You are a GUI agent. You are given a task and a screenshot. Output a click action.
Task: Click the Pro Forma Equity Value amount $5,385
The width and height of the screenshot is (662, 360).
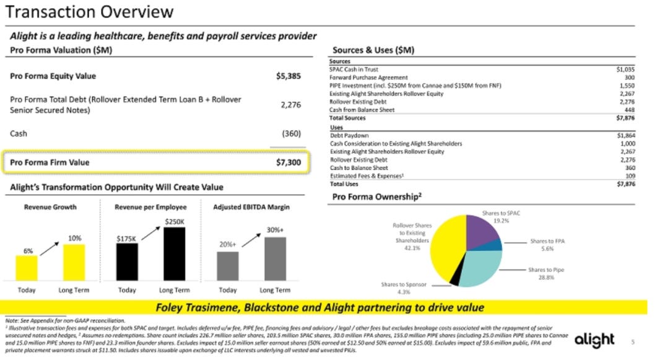pos(288,76)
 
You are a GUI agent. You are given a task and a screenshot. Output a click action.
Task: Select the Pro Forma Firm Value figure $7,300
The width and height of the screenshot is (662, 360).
pos(288,162)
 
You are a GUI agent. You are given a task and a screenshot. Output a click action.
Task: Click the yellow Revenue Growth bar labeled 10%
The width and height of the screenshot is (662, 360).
pos(74,263)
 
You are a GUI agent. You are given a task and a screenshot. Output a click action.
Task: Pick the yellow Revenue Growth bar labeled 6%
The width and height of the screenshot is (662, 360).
pos(27,268)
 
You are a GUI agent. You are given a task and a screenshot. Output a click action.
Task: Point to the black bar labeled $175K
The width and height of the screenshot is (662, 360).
pos(127,261)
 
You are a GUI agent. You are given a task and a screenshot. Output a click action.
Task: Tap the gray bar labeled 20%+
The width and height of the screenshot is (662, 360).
pos(227,266)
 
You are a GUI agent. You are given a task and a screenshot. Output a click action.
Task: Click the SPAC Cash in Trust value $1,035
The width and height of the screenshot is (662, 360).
pos(625,70)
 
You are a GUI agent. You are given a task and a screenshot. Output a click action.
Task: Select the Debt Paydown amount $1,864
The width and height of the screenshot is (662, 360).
pos(625,135)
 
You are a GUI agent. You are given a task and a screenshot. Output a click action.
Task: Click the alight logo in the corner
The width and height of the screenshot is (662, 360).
pos(594,340)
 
